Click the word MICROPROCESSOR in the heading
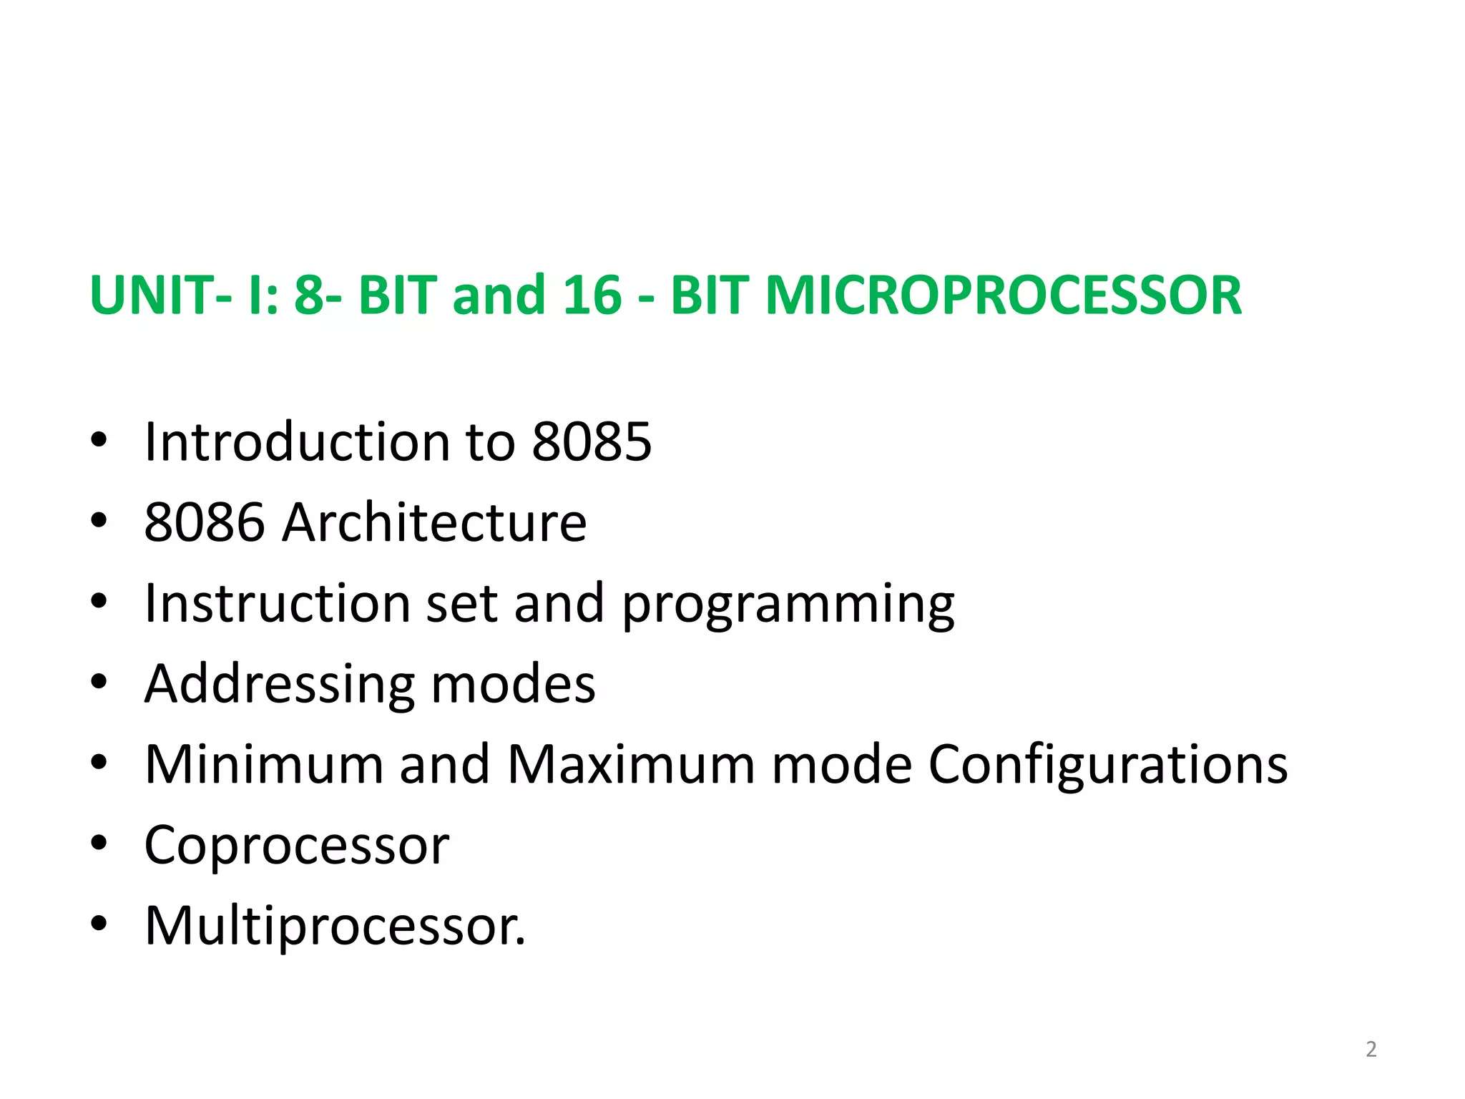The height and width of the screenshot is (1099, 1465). click(x=1003, y=295)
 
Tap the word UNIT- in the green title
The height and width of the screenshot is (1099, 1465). click(x=161, y=295)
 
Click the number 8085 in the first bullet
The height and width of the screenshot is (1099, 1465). click(x=592, y=441)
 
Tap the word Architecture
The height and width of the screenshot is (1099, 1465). click(x=434, y=522)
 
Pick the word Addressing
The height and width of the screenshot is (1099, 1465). click(x=279, y=684)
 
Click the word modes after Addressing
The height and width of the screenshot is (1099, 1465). click(x=513, y=684)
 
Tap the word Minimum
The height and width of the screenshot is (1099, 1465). click(x=264, y=765)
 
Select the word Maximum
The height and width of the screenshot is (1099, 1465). click(x=631, y=765)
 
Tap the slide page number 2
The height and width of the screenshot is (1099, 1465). click(x=1371, y=1049)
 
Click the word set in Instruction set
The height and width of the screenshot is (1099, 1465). click(x=461, y=603)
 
